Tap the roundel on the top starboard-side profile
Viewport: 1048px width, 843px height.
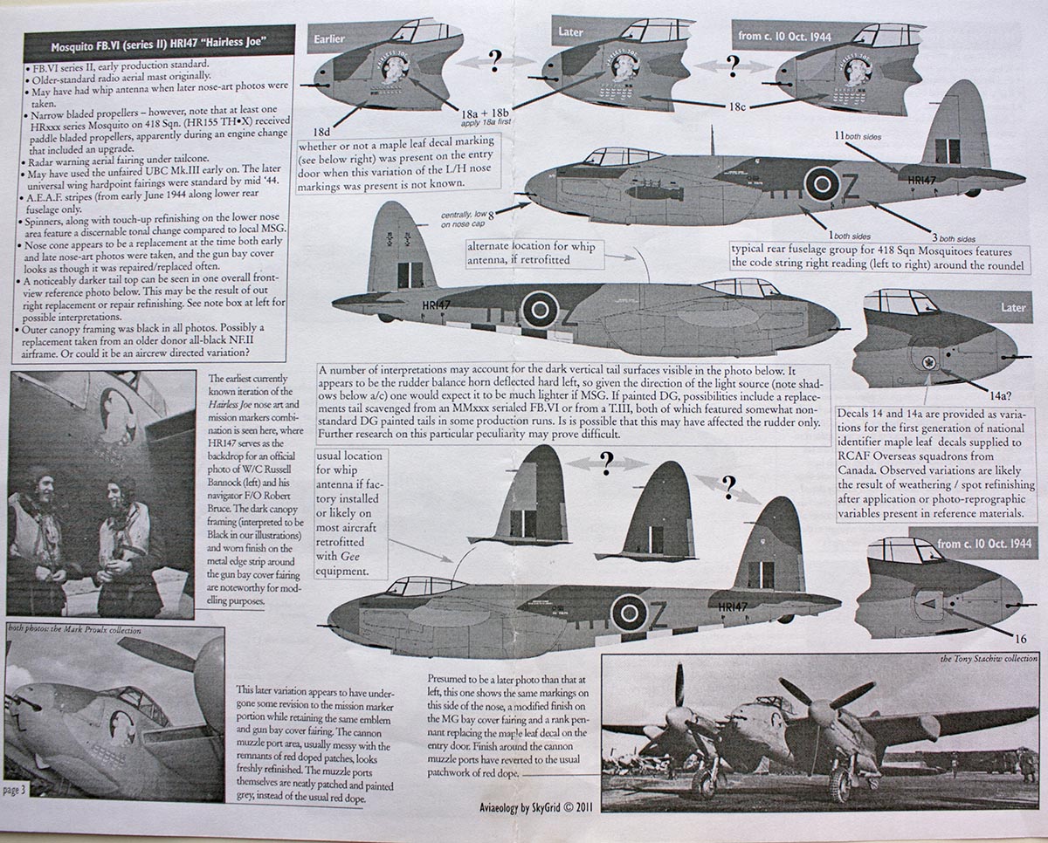pyautogui.click(x=821, y=184)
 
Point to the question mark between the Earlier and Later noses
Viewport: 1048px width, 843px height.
pyautogui.click(x=495, y=59)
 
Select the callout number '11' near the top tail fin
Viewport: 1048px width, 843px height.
pyautogui.click(x=839, y=135)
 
